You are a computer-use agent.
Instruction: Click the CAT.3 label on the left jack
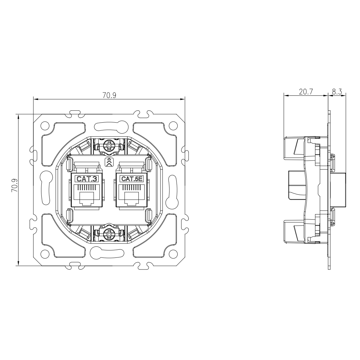(x=86, y=178)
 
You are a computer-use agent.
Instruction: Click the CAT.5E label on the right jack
(x=132, y=178)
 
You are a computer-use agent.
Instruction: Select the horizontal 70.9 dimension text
(x=109, y=95)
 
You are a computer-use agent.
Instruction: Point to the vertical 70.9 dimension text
(x=14, y=186)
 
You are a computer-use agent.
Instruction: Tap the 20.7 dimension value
(x=306, y=92)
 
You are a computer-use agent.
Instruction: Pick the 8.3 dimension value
(x=337, y=92)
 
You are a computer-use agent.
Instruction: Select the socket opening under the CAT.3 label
(x=86, y=196)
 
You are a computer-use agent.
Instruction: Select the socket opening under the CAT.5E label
(x=132, y=196)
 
